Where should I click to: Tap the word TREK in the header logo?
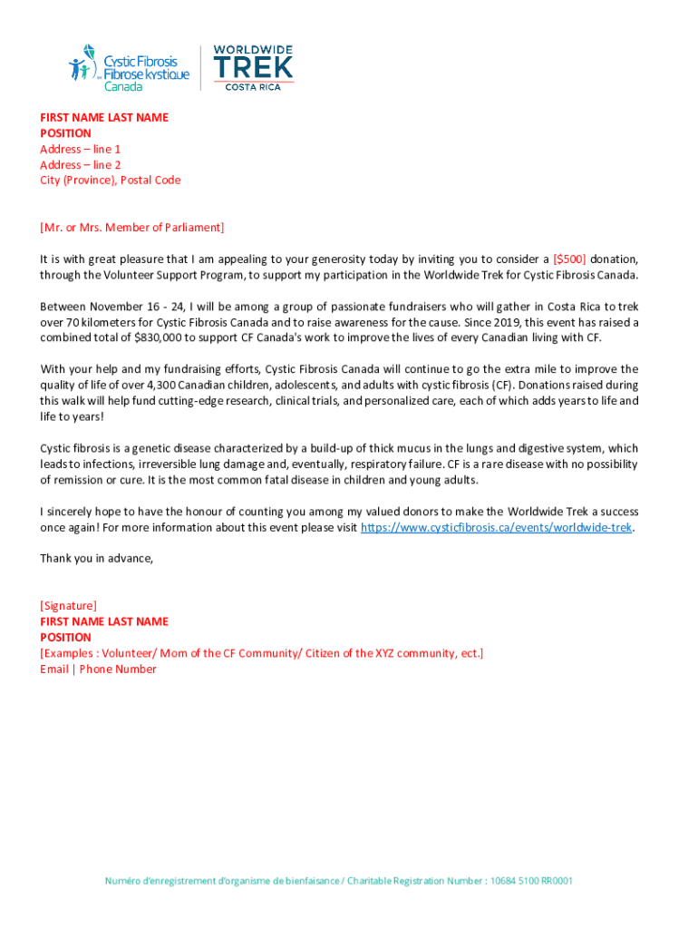(253, 66)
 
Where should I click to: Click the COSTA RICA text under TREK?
(253, 86)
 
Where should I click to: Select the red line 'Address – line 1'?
(80, 149)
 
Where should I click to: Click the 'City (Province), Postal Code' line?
(110, 180)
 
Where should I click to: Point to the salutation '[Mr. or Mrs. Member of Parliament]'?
(131, 227)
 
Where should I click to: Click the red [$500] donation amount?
(569, 259)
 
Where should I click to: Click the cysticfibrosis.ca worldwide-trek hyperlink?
(497, 527)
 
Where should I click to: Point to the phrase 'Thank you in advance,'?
(96, 558)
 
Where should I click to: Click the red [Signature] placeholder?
(68, 605)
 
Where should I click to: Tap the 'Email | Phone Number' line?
(98, 669)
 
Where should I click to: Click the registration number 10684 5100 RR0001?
(530, 881)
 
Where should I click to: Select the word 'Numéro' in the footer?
(122, 881)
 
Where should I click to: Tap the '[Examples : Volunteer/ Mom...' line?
(261, 653)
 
